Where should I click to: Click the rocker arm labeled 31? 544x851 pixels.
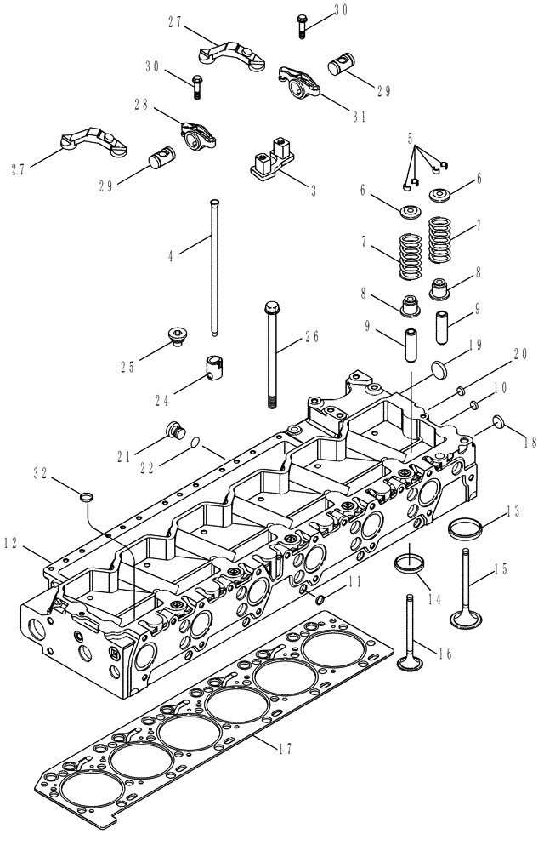coord(297,80)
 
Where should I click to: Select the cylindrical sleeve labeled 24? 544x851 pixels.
coord(216,368)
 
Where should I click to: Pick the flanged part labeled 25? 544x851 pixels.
coord(178,338)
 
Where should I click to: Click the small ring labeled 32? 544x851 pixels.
coord(87,495)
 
